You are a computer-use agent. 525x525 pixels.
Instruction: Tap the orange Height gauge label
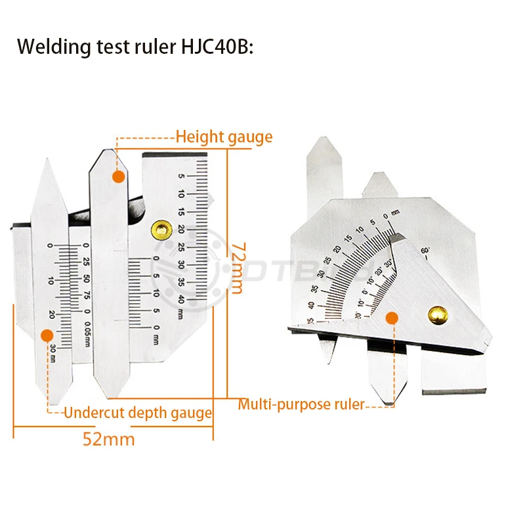[224, 137]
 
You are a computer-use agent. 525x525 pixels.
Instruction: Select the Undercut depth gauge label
[138, 413]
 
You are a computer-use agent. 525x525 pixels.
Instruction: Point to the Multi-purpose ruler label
[301, 404]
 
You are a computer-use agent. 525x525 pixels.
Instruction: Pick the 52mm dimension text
[109, 438]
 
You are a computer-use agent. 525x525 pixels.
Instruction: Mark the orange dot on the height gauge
[117, 177]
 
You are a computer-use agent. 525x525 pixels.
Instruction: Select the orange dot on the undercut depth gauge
[47, 335]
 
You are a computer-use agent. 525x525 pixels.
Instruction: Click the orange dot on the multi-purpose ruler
[392, 319]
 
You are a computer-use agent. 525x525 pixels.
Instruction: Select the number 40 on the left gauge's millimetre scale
[181, 299]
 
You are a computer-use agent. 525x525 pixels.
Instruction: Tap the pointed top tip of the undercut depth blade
[50, 161]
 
